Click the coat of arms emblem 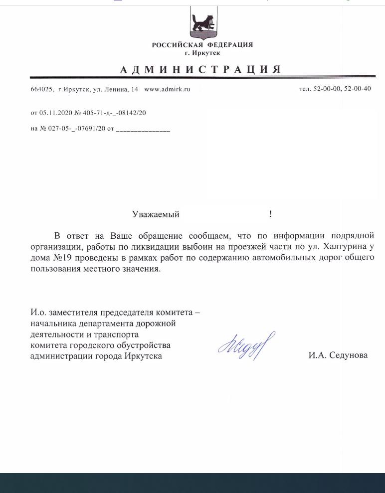click(202, 23)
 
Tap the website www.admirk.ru click(167, 89)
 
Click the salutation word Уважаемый click(156, 214)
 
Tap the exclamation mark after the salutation click(270, 214)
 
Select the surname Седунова click(349, 355)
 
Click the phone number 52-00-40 click(358, 89)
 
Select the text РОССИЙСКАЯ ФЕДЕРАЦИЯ click(202, 45)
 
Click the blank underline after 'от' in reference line click(143, 130)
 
